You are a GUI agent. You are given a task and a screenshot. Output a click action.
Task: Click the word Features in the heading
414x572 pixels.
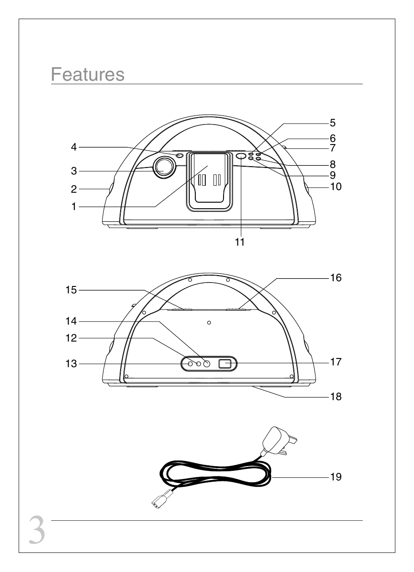pos(88,74)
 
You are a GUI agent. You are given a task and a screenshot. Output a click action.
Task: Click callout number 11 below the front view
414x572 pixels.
pos(240,242)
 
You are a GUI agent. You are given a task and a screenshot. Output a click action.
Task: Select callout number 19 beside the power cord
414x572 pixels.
pos(336,477)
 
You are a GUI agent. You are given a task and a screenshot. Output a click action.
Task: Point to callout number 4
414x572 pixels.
pos(74,147)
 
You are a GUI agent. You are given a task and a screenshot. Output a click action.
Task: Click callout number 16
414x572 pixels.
pos(336,278)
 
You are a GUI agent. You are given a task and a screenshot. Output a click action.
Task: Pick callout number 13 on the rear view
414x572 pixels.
pos(71,364)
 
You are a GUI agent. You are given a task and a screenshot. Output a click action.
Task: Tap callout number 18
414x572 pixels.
pos(336,397)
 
